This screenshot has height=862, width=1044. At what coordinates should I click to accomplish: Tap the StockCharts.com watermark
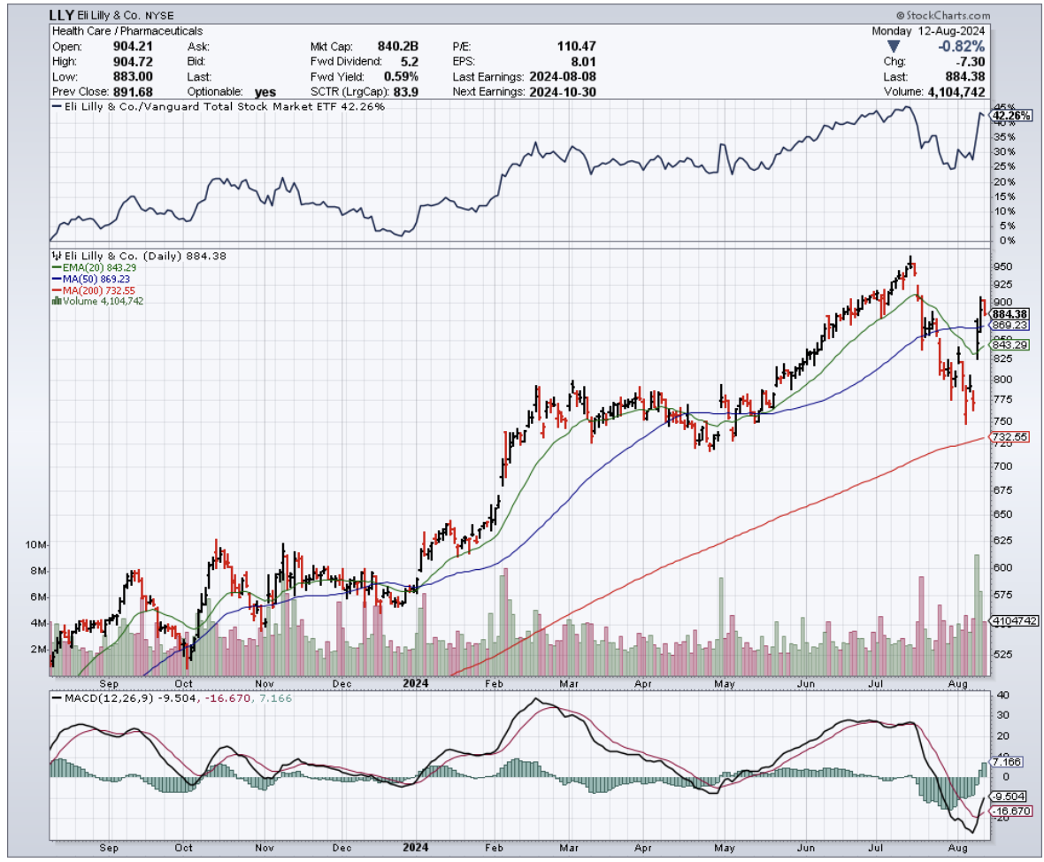944,16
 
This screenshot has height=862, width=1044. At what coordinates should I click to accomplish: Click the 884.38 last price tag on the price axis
1009,313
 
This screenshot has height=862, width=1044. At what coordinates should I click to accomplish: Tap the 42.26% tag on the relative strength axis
1009,115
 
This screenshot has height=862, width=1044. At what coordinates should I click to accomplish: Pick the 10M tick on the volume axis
38,544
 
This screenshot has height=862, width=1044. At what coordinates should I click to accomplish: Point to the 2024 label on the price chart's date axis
416,683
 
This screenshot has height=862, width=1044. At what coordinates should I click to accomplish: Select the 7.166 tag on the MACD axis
1006,761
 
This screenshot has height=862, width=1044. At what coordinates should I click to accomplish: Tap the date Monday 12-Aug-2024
928,30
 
